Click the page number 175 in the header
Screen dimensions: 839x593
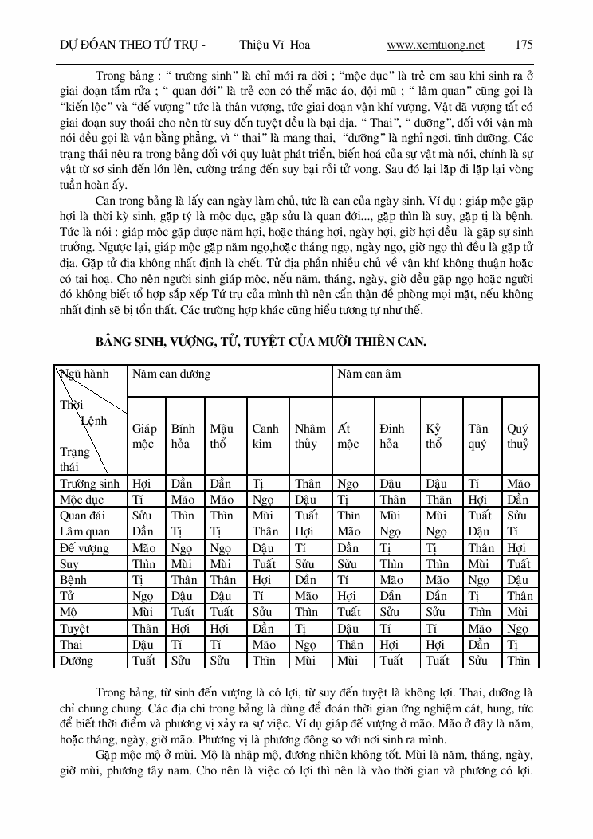pyautogui.click(x=524, y=45)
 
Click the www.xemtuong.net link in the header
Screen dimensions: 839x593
pyautogui.click(x=435, y=45)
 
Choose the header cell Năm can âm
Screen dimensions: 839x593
pyautogui.click(x=369, y=374)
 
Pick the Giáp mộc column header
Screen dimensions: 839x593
pyautogui.click(x=144, y=436)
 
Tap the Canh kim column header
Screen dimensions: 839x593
pyautogui.click(x=265, y=436)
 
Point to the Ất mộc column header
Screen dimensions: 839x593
pyautogui.click(x=348, y=436)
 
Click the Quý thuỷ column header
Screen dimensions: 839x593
pyautogui.click(x=518, y=436)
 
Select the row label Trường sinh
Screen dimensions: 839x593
pyautogui.click(x=89, y=483)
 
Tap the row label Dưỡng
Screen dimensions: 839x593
pyautogui.click(x=77, y=660)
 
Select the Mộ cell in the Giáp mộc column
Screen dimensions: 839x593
pyautogui.click(x=143, y=612)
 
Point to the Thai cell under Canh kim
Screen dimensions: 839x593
pyautogui.click(x=265, y=644)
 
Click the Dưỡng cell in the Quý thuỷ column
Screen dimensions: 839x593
pyautogui.click(x=518, y=660)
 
